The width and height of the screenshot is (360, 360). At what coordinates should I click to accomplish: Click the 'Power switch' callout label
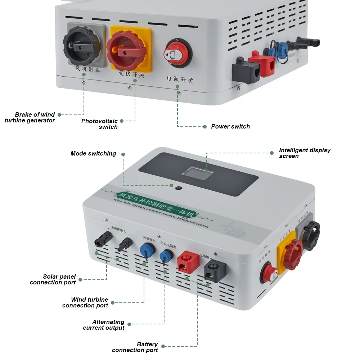click(230, 127)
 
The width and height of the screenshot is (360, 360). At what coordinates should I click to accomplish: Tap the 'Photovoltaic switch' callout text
click(100, 124)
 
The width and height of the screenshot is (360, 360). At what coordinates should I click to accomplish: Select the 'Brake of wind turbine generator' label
click(30, 118)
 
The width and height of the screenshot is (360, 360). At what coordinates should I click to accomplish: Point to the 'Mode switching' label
click(93, 154)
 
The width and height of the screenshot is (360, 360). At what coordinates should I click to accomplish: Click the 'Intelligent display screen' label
click(305, 153)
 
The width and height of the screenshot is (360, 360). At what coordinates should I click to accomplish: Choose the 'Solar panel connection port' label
click(53, 279)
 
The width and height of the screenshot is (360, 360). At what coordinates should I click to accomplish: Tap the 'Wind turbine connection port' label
click(85, 302)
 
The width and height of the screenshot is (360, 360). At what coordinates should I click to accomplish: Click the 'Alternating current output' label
click(104, 325)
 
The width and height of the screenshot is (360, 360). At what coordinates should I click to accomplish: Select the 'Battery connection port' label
click(135, 347)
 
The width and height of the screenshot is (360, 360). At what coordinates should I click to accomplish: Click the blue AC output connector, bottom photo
click(165, 255)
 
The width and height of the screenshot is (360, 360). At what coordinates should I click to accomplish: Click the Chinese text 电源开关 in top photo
click(180, 80)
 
